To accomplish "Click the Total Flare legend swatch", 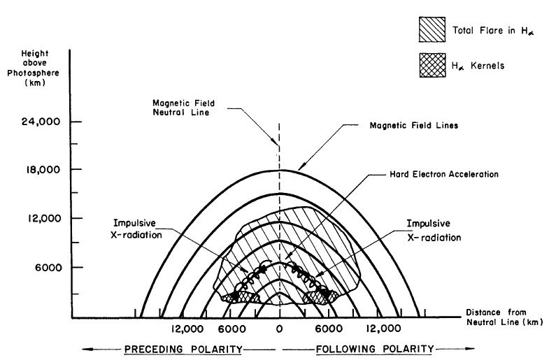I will [x=429, y=28].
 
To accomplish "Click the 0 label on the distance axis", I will [x=280, y=329].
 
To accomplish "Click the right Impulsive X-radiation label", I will [x=432, y=231].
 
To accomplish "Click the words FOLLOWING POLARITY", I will [x=375, y=347].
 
